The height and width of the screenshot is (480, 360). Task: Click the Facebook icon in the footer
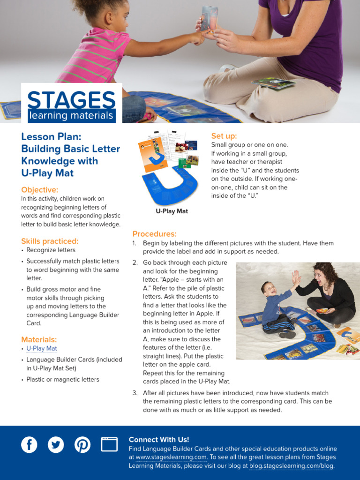pos(29,444)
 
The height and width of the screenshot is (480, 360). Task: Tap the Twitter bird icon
pos(56,444)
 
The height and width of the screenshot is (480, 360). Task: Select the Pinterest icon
pos(82,444)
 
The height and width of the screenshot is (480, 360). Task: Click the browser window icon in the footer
pos(109,444)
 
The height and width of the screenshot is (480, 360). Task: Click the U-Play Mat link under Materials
pos(42,348)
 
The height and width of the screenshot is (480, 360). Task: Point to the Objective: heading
pos(40,190)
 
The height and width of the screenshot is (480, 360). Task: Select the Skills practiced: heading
pos(50,241)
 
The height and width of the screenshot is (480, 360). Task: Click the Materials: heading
pos(39,339)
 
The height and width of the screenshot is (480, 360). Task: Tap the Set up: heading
pos(224,136)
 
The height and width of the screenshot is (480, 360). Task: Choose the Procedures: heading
pos(154,234)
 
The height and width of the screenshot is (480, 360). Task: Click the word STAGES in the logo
pos(71,100)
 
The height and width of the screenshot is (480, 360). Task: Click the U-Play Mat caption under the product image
pos(172,211)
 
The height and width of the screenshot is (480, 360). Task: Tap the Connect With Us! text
pos(159,440)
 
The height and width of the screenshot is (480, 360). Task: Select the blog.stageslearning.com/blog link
pos(292,466)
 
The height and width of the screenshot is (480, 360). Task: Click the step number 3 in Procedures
pos(135,393)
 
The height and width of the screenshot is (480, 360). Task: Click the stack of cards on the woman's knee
pos(274,83)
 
